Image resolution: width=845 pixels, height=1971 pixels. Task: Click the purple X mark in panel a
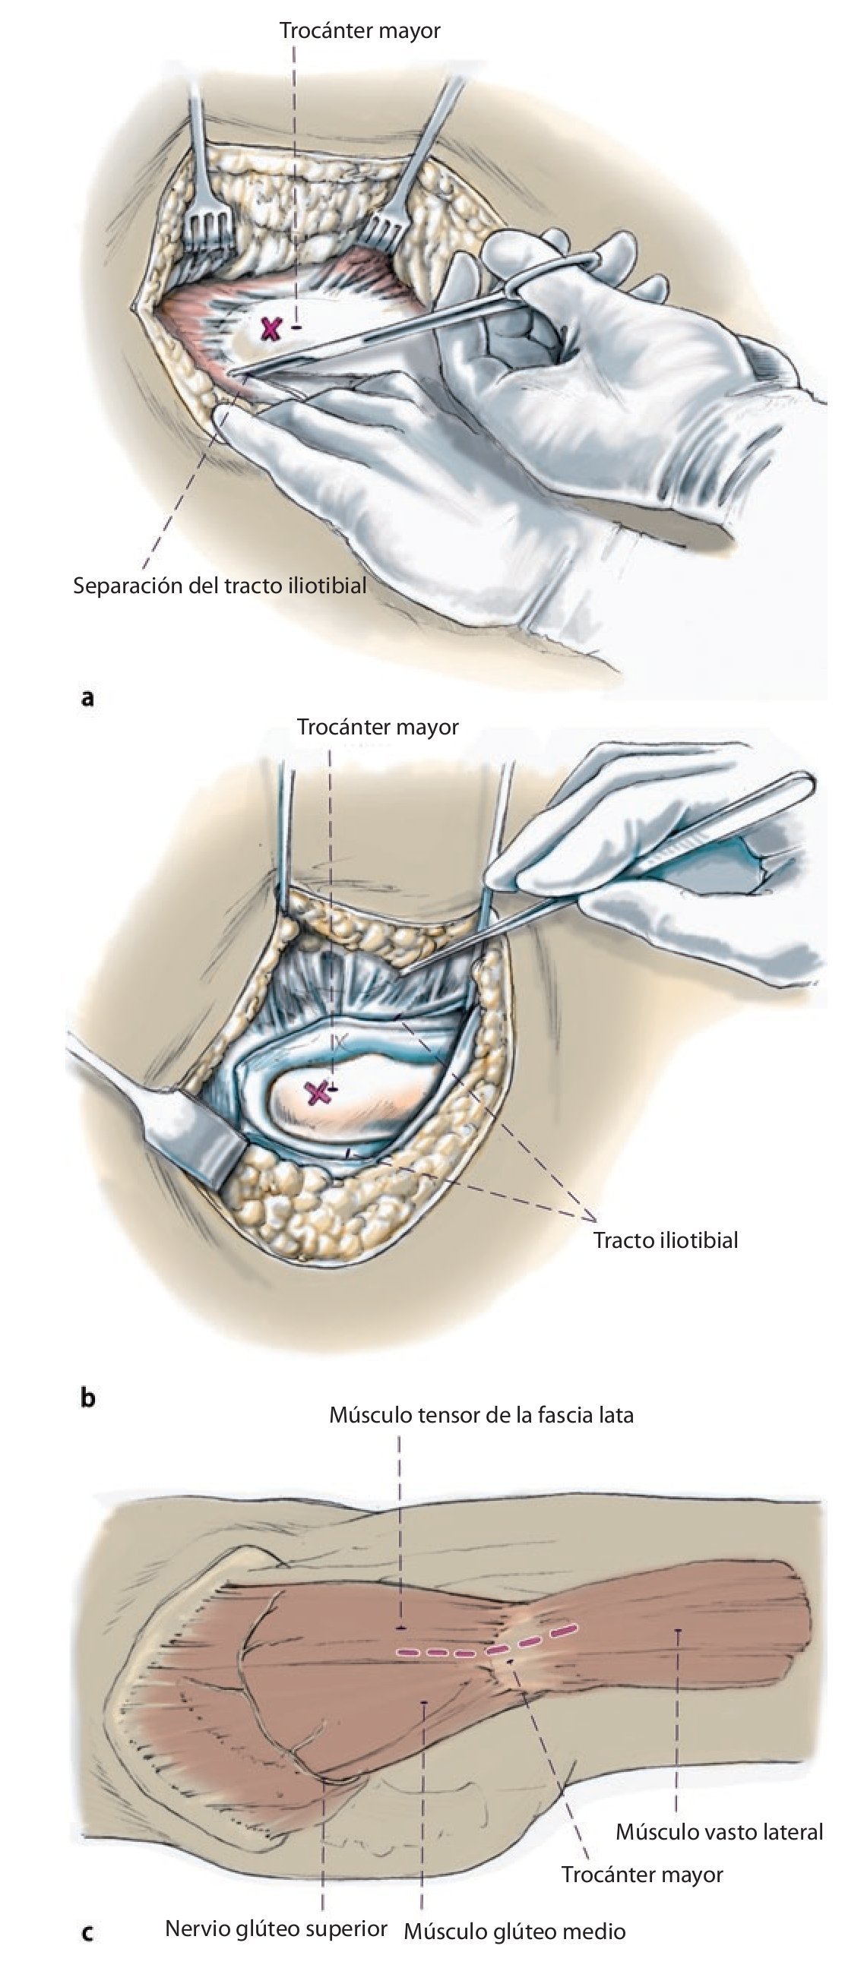coord(270,329)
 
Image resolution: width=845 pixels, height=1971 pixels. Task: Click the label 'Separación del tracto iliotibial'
coord(220,586)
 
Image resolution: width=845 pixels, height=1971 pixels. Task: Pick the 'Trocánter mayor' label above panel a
coord(359,30)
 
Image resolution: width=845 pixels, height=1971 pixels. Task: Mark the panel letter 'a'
coord(88,697)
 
